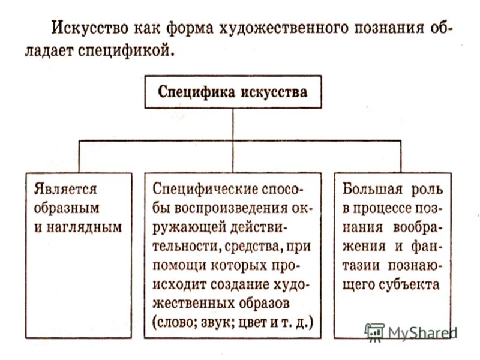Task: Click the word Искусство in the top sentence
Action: click(89, 28)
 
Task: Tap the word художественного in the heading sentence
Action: click(284, 28)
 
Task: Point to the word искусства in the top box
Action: click(274, 92)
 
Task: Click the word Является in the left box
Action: click(65, 189)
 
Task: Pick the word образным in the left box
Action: click(67, 208)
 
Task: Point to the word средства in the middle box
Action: click(253, 247)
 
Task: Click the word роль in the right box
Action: click(427, 190)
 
